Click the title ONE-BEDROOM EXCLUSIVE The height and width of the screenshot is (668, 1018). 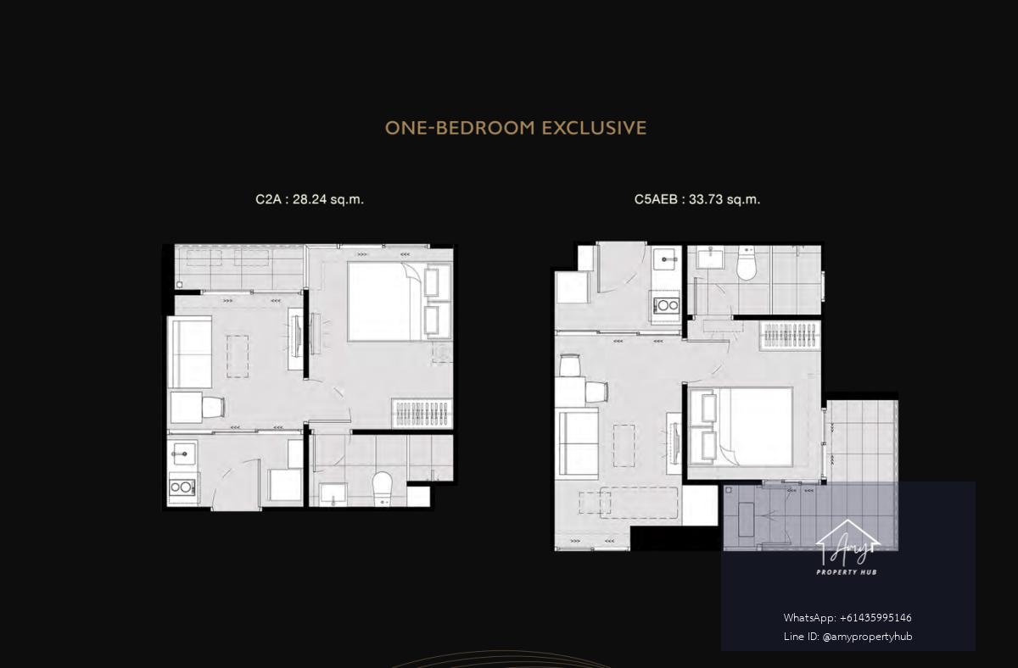516,128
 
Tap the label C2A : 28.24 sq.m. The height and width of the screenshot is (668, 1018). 310,199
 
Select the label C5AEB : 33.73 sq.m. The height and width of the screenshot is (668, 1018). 697,199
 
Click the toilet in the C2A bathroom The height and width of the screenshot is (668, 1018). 383,488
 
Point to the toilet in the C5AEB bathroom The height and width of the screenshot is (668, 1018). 746,264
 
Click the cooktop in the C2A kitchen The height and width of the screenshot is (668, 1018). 182,487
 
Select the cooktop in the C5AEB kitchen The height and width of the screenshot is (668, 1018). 666,305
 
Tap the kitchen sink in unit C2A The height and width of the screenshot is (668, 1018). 183,454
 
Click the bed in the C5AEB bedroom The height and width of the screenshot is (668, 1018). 741,427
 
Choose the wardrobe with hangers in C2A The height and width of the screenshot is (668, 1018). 422,413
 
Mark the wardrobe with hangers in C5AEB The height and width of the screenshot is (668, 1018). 791,336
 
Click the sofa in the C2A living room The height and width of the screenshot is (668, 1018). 189,353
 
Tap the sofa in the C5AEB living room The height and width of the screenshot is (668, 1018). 577,443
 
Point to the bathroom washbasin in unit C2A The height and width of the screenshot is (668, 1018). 333,494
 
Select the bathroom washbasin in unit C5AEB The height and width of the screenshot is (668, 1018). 710,258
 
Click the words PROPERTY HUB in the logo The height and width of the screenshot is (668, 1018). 847,572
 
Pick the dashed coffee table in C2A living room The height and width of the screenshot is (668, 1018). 238,357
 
